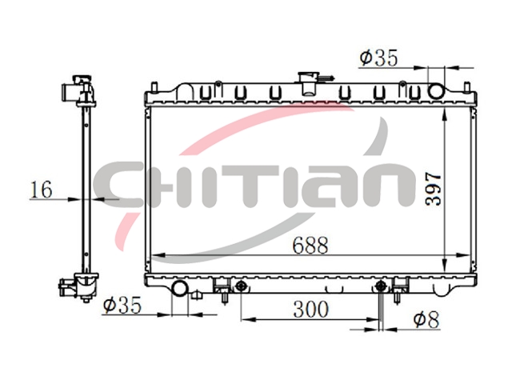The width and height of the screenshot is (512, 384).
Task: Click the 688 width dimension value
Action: coord(310,246)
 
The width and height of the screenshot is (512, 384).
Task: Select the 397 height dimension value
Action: coord(434,189)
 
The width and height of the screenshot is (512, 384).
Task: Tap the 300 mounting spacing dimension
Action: coord(310,310)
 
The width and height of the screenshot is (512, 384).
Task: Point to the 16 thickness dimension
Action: coord(41,190)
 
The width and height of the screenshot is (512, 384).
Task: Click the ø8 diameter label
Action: coord(426,319)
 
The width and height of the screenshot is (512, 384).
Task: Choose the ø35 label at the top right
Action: coord(378,58)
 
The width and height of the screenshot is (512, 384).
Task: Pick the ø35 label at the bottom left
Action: coord(122,305)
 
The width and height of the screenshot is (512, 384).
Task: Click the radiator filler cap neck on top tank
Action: coord(308,84)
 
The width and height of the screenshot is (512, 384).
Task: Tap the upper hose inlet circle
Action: coord(436,91)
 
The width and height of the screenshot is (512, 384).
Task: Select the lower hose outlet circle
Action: coord(179,288)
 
